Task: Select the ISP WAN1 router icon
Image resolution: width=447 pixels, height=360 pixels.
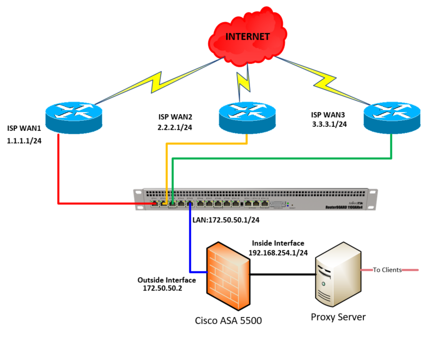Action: [73, 117]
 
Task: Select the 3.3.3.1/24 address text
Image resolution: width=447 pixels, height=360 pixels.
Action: [329, 124]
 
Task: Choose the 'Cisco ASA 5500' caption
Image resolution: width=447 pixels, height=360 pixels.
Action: [229, 320]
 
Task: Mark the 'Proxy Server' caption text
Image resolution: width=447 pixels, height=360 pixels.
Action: [338, 317]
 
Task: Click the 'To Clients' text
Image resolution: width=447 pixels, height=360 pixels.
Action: [387, 270]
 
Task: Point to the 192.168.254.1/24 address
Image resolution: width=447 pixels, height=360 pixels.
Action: [278, 253]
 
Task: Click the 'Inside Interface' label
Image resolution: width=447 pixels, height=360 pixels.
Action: [279, 243]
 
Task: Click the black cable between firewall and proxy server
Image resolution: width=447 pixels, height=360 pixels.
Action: [284, 275]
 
